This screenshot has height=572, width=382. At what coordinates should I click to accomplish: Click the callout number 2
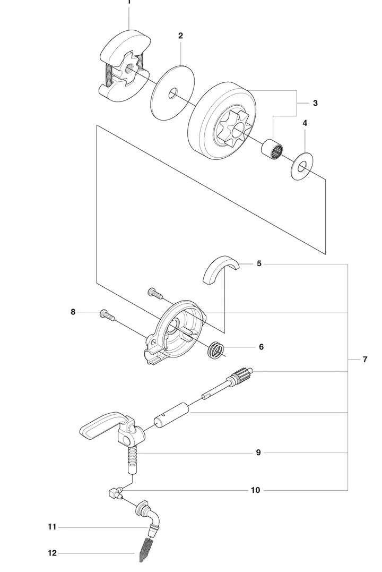click(x=181, y=36)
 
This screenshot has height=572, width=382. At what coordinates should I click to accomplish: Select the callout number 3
click(x=315, y=103)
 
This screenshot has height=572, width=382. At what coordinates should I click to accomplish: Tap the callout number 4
click(x=305, y=123)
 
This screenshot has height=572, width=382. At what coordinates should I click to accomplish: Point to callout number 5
click(x=259, y=263)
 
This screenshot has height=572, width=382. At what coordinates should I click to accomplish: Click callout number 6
click(x=261, y=347)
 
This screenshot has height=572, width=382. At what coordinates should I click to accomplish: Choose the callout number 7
click(x=365, y=360)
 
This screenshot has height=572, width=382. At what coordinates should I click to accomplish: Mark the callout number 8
click(x=73, y=312)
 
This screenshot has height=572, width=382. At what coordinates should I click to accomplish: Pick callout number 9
click(x=258, y=453)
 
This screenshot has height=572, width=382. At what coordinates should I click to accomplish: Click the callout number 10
click(x=256, y=490)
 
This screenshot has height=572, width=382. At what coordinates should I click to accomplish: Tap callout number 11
click(x=52, y=527)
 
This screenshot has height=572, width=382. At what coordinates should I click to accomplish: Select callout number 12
click(x=52, y=553)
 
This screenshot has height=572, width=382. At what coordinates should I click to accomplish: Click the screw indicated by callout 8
click(x=107, y=315)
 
